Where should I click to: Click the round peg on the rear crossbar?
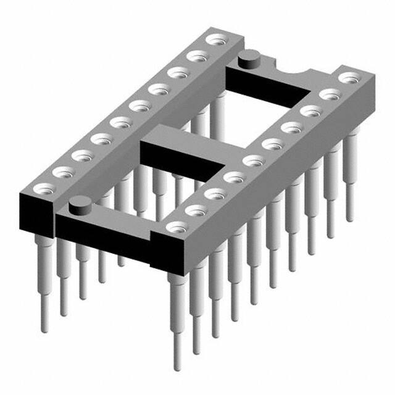(248, 60)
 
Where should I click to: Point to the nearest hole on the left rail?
(44, 188)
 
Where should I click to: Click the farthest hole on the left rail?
(215, 41)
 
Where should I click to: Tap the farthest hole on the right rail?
(350, 78)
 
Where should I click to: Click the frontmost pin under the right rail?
(177, 321)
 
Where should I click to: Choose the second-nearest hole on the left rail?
(63, 171)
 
